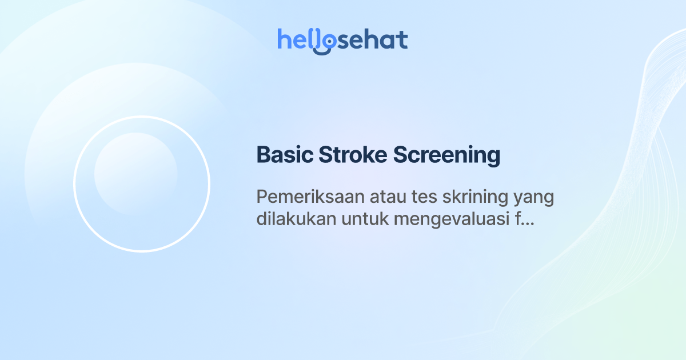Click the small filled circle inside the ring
click(135, 174)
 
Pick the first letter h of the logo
click(283, 39)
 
